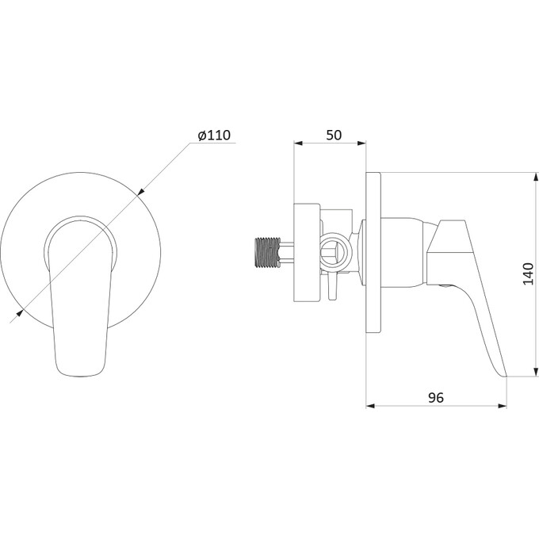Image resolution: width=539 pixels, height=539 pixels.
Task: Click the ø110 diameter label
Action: (x=214, y=135)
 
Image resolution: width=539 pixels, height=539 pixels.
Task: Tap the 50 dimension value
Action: (x=334, y=135)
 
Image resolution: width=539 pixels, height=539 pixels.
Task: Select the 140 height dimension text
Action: (x=528, y=273)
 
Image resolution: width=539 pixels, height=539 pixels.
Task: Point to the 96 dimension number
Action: (x=436, y=398)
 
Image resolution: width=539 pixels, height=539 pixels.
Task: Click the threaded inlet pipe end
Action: (x=267, y=252)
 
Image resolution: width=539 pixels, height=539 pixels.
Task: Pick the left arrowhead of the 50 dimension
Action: (x=298, y=143)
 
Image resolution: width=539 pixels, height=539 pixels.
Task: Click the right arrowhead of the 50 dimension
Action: (x=362, y=143)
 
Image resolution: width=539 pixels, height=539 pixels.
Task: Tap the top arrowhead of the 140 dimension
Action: (x=535, y=177)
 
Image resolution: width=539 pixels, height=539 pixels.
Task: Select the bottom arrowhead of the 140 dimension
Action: (x=535, y=373)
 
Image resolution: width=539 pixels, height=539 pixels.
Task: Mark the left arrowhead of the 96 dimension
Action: (x=370, y=406)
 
